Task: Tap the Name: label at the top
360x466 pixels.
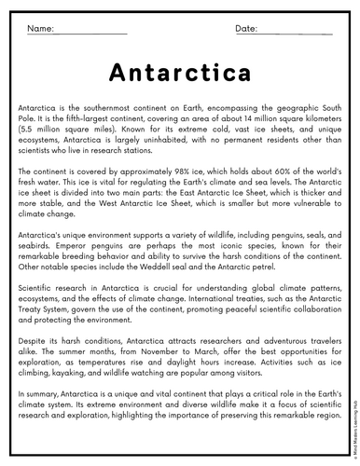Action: (x=40, y=29)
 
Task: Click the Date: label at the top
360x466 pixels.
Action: (x=246, y=29)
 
